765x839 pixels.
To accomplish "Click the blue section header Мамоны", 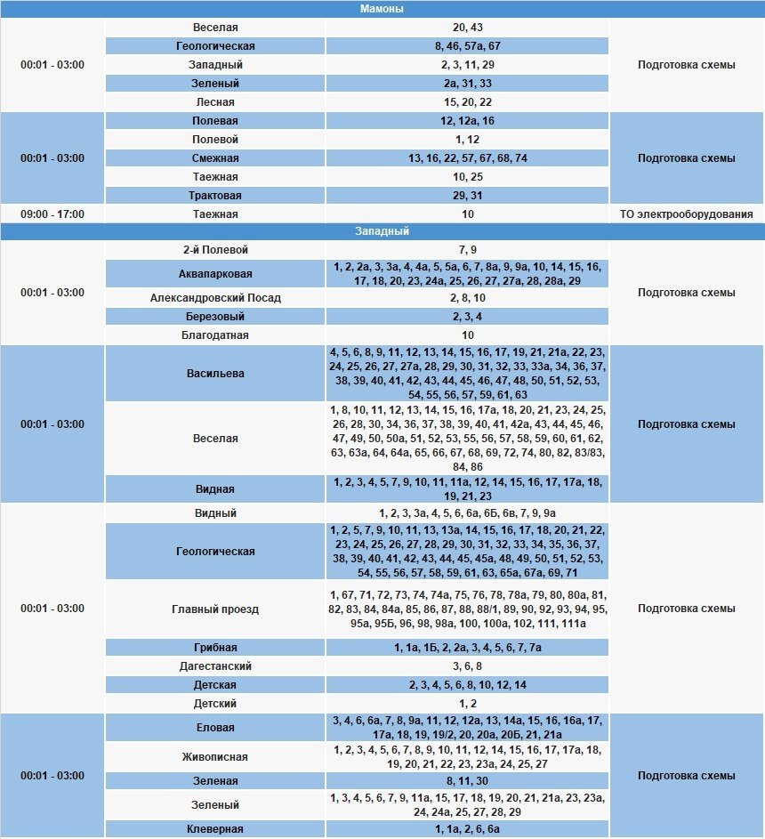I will [x=382, y=9].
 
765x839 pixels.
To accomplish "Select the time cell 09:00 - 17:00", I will [x=52, y=214].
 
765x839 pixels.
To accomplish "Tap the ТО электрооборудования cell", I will [x=686, y=214].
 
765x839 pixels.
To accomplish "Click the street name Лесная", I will [x=215, y=102].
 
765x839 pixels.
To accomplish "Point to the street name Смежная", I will [x=215, y=158].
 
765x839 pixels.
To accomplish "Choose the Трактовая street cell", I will [x=215, y=196].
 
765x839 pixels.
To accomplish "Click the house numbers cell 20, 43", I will [x=467, y=28].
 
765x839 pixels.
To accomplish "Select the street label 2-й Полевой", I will [x=215, y=250].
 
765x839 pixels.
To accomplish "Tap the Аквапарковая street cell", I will [x=215, y=274].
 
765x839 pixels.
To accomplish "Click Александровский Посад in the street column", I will [x=215, y=298].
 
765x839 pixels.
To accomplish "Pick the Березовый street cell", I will [x=215, y=317].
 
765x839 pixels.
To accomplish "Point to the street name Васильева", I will [x=215, y=374].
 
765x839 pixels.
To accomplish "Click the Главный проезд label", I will [x=215, y=609].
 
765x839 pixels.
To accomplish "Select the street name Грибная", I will [x=215, y=648].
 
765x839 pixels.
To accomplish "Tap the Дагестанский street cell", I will [x=215, y=666].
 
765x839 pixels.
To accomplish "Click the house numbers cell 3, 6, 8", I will [x=467, y=666].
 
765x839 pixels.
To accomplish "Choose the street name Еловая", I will [x=215, y=728].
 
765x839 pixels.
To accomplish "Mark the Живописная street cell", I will [x=215, y=757].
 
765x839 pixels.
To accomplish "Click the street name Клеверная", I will [x=215, y=829].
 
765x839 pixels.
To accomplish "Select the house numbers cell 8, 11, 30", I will [x=467, y=781].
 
